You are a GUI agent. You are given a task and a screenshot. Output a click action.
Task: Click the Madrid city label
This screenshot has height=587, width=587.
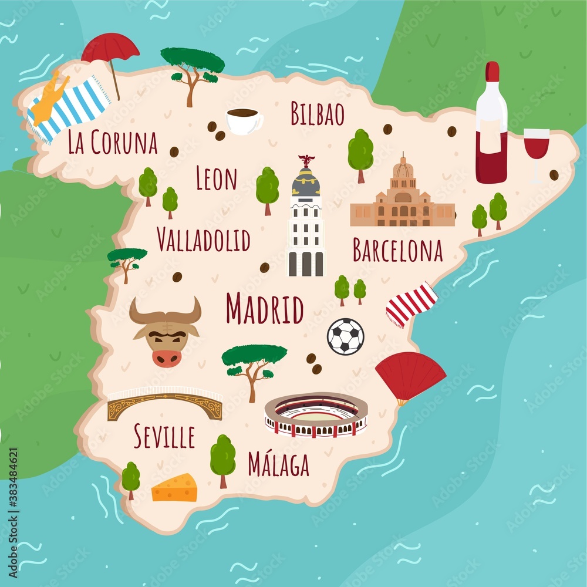point(265,309)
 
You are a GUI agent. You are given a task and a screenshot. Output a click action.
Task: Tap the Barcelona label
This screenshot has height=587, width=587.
point(397,251)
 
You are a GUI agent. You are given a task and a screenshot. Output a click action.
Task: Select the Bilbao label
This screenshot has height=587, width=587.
point(318,114)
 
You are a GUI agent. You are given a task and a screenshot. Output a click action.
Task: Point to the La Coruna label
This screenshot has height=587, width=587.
point(113,143)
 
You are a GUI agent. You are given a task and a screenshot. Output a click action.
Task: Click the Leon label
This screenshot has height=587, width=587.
point(216,179)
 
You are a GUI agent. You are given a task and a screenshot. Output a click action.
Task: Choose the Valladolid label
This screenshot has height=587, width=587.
point(204,239)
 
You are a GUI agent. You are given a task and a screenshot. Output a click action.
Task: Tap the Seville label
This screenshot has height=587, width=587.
point(164,437)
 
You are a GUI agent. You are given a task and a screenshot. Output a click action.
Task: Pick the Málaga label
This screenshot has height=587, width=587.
point(278,464)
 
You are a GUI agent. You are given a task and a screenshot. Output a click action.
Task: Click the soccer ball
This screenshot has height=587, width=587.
point(345,336)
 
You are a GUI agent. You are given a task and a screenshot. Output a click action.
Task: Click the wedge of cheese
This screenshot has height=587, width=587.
point(174,488)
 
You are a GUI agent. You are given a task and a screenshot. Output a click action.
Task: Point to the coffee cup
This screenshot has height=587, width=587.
point(244,120)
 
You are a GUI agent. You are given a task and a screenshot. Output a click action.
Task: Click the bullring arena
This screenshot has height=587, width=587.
point(316,415)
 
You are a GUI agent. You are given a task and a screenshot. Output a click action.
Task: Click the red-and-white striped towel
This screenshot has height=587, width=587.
point(412,304)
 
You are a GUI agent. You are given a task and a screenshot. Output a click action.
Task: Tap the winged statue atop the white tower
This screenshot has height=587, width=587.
point(306,160)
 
